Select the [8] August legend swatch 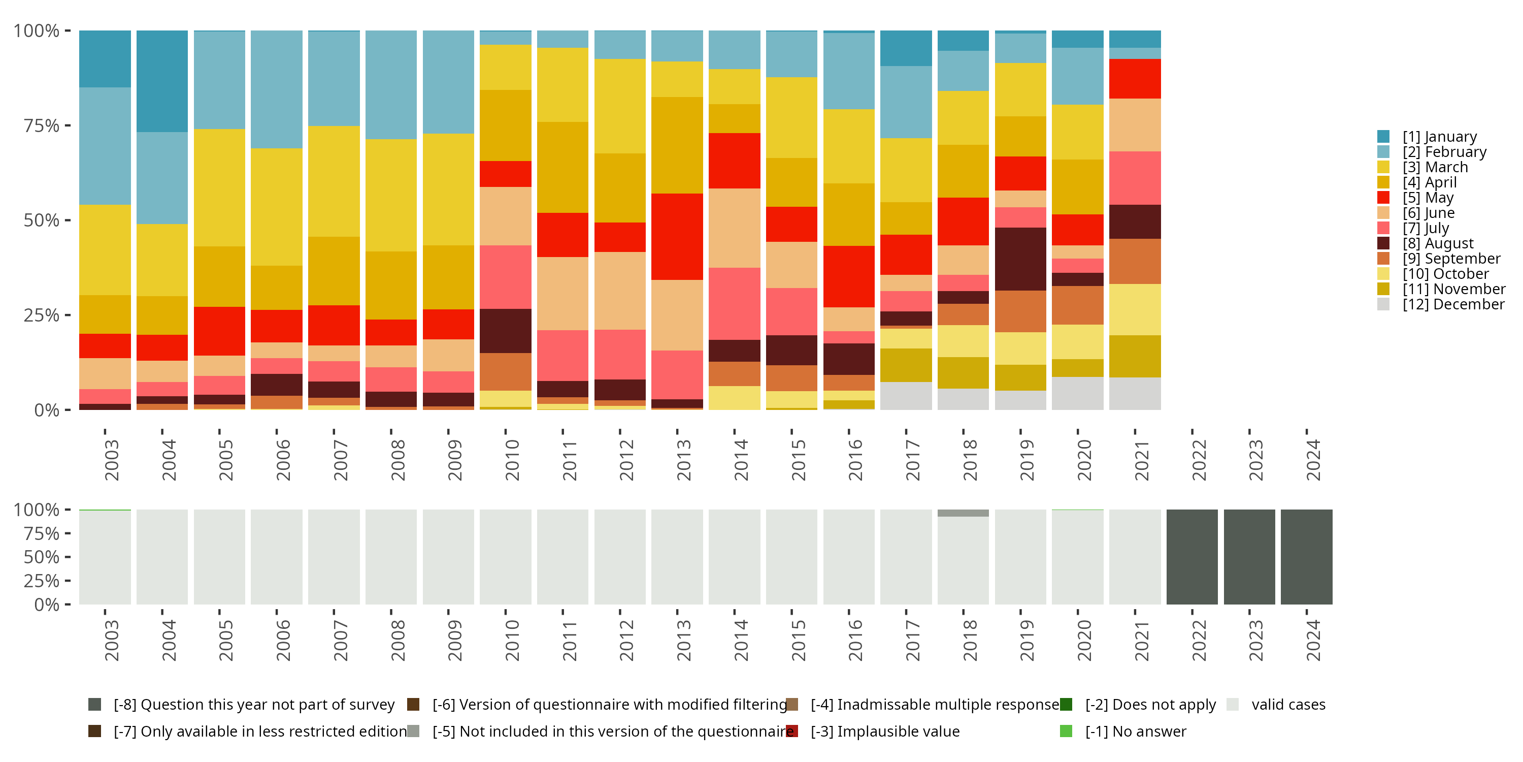click(1383, 243)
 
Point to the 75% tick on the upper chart click(42, 125)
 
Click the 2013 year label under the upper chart click(683, 460)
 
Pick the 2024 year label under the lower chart click(1312, 641)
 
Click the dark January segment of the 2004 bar click(162, 81)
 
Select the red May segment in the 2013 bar click(677, 237)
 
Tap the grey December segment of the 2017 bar click(906, 396)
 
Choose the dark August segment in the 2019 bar click(1020, 259)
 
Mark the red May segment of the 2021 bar click(1135, 79)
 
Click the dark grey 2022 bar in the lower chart click(1192, 557)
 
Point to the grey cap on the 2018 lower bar click(963, 513)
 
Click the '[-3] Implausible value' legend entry click(884, 731)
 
